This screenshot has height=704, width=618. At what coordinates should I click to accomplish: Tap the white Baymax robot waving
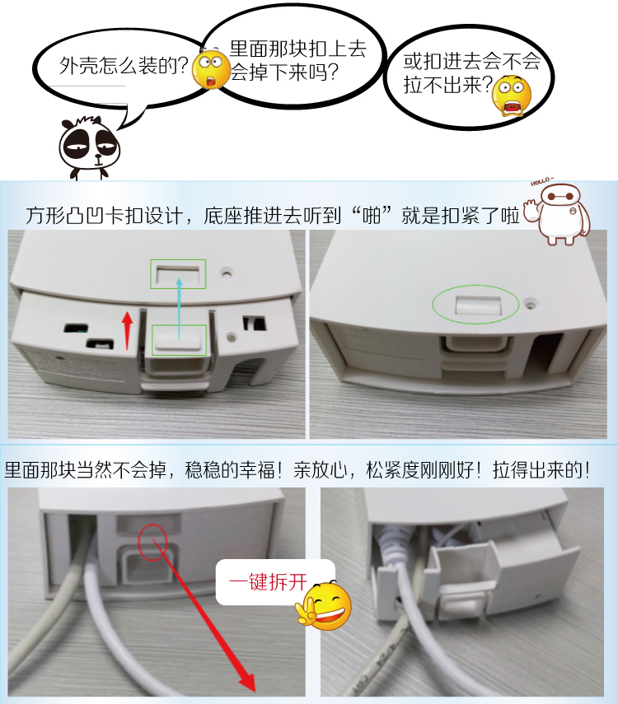pyautogui.click(x=564, y=213)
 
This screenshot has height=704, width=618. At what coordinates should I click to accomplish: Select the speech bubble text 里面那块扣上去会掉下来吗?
pyautogui.click(x=297, y=60)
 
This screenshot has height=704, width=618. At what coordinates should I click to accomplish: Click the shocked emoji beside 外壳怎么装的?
pyautogui.click(x=211, y=70)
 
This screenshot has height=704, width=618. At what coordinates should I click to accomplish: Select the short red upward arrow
pyautogui.click(x=128, y=330)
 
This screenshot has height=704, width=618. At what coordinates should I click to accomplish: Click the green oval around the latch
pyautogui.click(x=475, y=305)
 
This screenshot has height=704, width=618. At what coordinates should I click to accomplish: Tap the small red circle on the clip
pyautogui.click(x=152, y=539)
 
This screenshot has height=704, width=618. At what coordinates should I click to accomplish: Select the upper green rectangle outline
pyautogui.click(x=178, y=273)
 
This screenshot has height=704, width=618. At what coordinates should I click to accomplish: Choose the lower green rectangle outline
pyautogui.click(x=179, y=338)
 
